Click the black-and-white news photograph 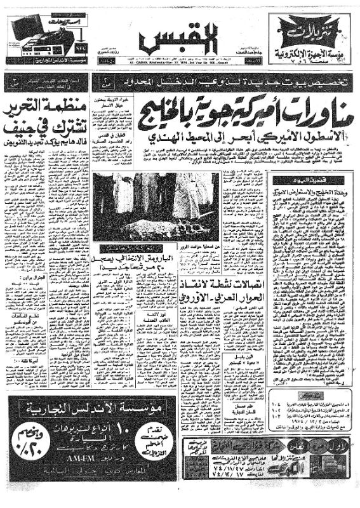(156, 206)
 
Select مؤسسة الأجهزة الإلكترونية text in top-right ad (308, 54)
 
